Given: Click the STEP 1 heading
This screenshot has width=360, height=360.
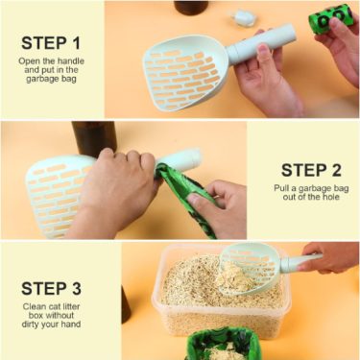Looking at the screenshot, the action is tap(51, 43).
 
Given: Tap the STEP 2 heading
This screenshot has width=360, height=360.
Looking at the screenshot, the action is tap(311, 170).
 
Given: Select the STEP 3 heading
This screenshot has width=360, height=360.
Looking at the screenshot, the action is tap(51, 288).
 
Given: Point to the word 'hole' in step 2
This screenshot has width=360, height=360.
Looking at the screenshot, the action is tap(330, 197).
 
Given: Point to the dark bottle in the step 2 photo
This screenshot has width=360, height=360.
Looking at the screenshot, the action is tap(93, 138).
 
